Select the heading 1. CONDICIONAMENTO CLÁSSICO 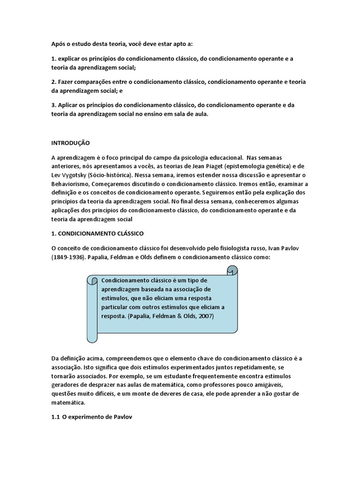97,233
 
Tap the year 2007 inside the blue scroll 204,316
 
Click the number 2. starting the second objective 54,82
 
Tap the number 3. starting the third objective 54,105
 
